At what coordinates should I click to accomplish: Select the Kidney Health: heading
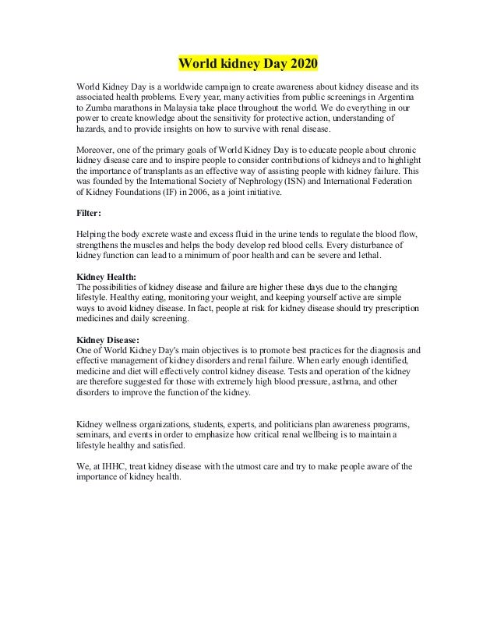click(105, 276)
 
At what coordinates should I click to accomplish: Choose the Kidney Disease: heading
click(108, 339)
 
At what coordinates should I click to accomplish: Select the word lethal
click(368, 257)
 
